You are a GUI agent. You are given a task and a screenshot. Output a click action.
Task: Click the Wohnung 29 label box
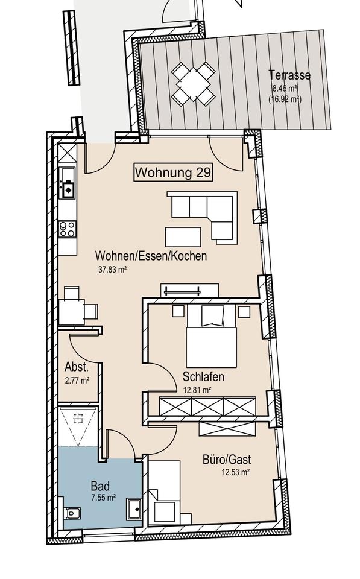(x=173, y=172)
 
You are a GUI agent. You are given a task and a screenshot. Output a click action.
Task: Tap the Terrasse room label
(x=290, y=75)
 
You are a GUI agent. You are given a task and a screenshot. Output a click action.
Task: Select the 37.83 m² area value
(x=113, y=270)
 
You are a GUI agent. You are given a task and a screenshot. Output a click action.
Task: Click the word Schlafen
(x=203, y=377)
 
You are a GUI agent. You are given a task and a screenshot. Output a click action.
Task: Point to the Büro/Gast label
(x=227, y=460)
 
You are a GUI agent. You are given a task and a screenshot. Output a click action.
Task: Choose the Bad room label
(x=99, y=486)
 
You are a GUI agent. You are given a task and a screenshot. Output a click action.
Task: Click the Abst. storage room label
(x=77, y=367)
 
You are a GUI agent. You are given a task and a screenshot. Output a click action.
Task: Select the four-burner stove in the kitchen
(x=68, y=229)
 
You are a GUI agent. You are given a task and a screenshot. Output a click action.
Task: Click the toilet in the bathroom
(x=72, y=513)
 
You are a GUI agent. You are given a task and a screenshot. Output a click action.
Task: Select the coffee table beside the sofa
(x=183, y=237)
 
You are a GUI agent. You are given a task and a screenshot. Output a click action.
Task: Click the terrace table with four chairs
(x=194, y=84)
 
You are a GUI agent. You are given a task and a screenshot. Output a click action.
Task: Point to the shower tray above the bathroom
(x=78, y=426)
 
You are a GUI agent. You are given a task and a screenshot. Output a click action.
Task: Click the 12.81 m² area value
(x=197, y=390)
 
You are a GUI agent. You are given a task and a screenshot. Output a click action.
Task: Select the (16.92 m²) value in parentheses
(x=285, y=99)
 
